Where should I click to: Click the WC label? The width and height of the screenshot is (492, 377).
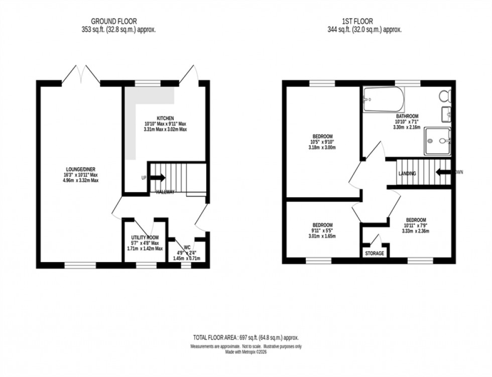click(x=186, y=247)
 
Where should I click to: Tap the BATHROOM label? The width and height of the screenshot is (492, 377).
click(x=406, y=115)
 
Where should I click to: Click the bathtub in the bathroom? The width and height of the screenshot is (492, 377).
click(x=383, y=99)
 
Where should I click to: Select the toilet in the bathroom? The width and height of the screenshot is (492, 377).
click(x=445, y=95)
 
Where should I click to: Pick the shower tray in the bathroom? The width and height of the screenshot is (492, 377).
click(x=437, y=141)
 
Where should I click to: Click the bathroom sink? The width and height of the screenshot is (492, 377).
click(x=446, y=114)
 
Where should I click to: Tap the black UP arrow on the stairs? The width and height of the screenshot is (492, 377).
click(x=158, y=178)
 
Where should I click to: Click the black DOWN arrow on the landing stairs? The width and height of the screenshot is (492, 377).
click(x=443, y=172)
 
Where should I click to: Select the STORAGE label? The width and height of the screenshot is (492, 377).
click(x=375, y=254)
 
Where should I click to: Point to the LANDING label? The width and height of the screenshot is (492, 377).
click(x=407, y=174)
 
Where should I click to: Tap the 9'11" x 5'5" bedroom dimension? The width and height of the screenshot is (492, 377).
click(x=322, y=230)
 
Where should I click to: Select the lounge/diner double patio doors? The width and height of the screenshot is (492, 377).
click(x=81, y=75)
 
